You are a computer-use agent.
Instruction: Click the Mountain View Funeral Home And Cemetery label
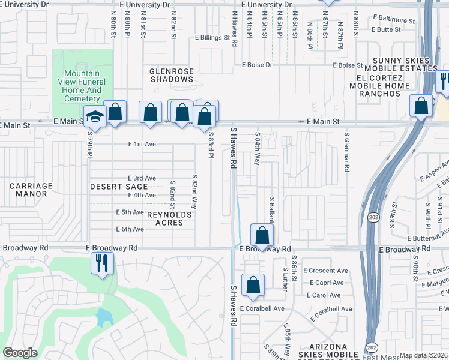82,86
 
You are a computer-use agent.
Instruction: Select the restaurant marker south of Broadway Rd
102,263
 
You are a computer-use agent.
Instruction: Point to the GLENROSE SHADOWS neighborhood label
172,75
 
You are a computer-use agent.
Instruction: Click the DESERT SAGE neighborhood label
119,187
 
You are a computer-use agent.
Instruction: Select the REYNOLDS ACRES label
169,219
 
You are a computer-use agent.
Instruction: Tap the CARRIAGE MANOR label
31,190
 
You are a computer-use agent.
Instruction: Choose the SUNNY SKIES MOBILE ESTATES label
402,65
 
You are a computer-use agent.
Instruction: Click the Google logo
20,353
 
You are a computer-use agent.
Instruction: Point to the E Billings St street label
212,37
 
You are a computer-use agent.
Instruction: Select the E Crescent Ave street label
325,271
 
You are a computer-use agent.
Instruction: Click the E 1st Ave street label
142,144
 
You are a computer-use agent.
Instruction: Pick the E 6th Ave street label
130,229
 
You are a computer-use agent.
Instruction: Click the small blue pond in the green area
103,316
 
